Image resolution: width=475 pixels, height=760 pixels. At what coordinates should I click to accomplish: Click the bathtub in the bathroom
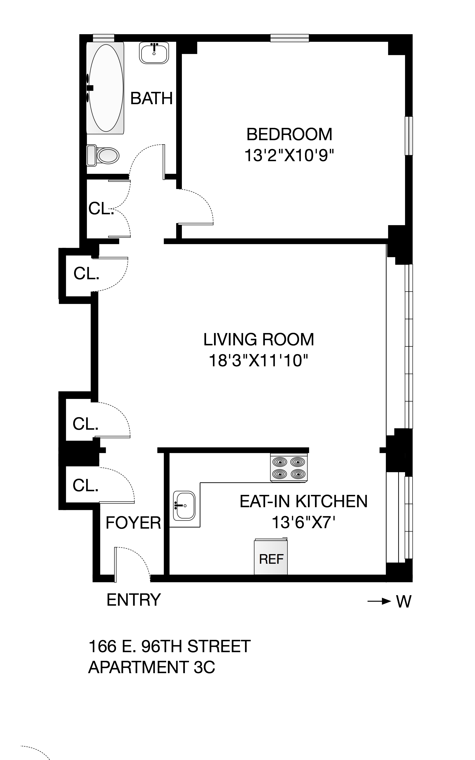105,88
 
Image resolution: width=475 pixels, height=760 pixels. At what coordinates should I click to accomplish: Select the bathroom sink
154,53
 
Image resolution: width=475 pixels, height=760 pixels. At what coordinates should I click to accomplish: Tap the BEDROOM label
289,134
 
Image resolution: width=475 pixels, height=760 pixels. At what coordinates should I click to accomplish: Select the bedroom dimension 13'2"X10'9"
289,155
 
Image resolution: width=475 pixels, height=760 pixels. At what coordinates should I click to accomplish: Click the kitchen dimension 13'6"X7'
303,522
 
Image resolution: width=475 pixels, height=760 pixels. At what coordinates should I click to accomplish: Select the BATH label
151,98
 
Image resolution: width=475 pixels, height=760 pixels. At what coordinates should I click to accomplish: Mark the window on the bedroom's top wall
290,38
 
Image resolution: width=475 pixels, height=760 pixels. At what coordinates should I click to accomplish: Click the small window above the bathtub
104,38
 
